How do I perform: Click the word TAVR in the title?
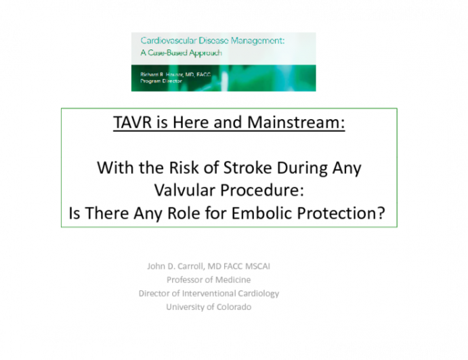click(x=131, y=125)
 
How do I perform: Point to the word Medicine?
click(x=230, y=279)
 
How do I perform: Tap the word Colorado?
click(x=231, y=307)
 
